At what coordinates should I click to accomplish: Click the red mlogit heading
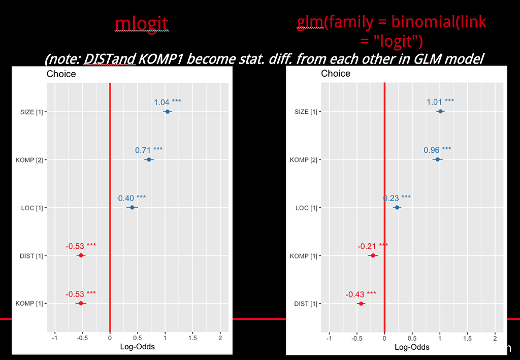tap(141, 23)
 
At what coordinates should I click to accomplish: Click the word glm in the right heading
tap(309, 22)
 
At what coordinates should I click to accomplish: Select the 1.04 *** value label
tap(168, 102)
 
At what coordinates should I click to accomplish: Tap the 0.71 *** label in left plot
tap(149, 150)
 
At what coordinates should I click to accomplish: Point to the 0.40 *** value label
tap(132, 198)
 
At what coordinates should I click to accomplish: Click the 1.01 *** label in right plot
tap(440, 102)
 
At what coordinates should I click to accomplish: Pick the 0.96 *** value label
tap(437, 150)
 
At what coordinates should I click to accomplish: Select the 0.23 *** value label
tap(397, 198)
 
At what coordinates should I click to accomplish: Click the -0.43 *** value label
tap(361, 294)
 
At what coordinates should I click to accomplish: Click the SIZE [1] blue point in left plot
tap(167, 111)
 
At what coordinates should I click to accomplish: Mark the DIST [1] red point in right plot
tap(361, 303)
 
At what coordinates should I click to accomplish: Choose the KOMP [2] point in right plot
tap(437, 159)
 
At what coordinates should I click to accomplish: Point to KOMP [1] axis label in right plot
tap(303, 256)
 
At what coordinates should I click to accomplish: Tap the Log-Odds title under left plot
tap(137, 347)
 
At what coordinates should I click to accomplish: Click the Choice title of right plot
tap(336, 74)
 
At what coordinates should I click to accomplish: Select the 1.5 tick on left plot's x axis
tap(192, 338)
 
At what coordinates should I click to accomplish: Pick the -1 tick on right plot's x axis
tap(329, 338)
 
